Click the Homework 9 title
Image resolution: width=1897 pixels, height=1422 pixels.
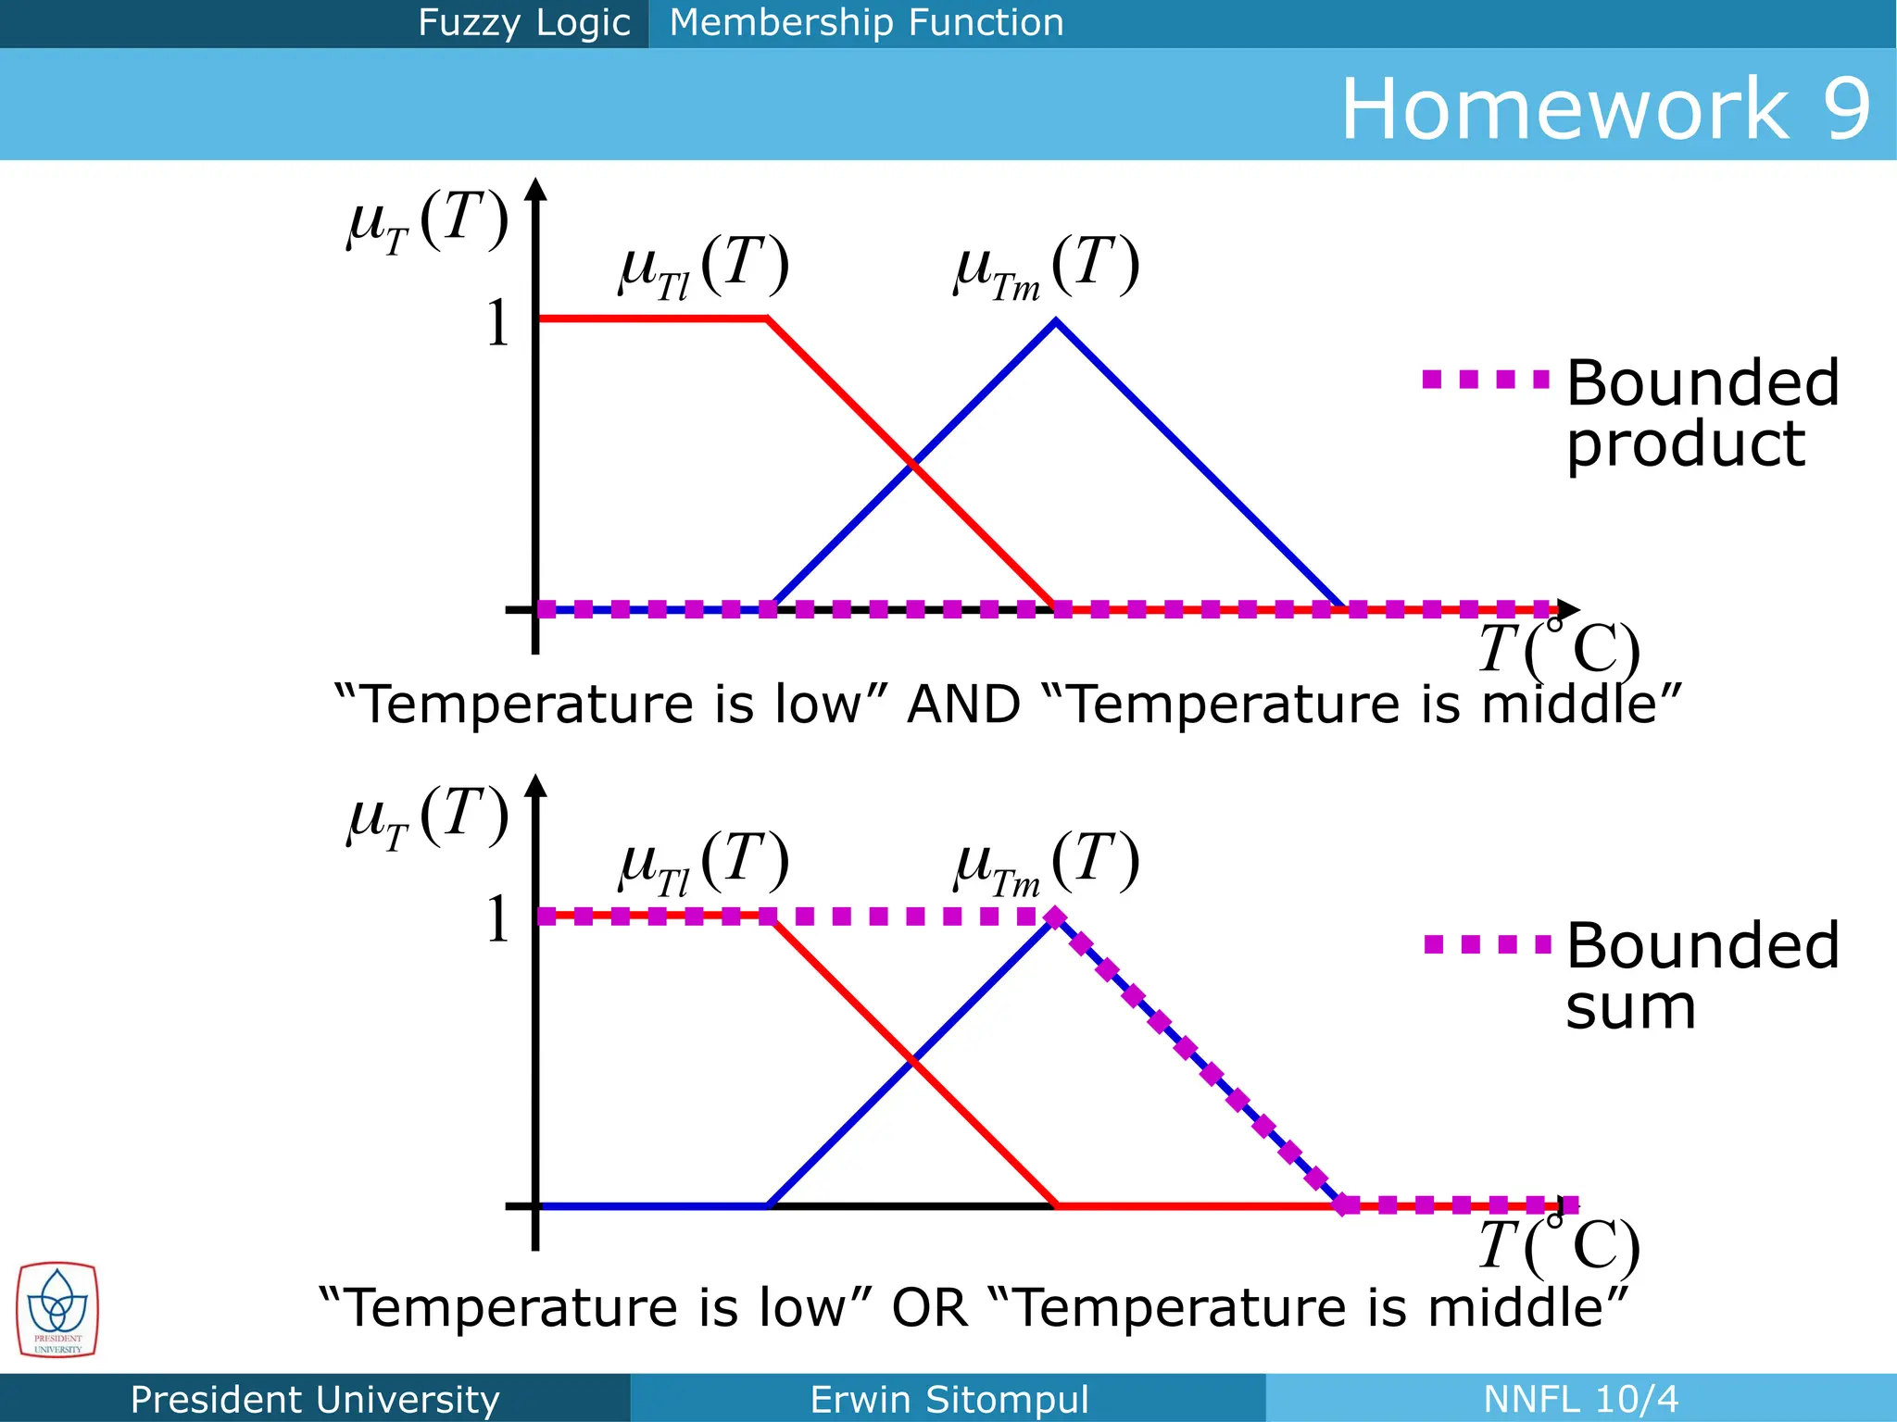(x=1605, y=109)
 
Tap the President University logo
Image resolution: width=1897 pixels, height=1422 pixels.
(x=57, y=1310)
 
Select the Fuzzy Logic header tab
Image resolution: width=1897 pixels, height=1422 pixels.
(x=523, y=22)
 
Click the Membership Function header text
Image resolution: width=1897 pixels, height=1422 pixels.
(x=866, y=22)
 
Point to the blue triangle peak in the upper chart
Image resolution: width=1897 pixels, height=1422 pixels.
(x=1056, y=321)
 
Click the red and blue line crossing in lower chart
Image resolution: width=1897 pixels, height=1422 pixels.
(x=912, y=1060)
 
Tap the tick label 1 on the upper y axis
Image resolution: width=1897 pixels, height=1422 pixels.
(x=498, y=323)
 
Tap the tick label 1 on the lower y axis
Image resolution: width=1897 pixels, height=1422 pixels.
(x=498, y=919)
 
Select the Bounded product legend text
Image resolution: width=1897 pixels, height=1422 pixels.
(x=1702, y=413)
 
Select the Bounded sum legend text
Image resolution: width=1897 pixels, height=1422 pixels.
(x=1702, y=976)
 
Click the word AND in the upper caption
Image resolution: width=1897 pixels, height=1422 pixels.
(x=963, y=705)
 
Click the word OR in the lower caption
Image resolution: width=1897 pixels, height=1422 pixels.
(x=929, y=1308)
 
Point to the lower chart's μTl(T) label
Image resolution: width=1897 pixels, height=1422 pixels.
(x=704, y=863)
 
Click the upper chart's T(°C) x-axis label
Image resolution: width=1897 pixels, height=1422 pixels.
(x=1558, y=648)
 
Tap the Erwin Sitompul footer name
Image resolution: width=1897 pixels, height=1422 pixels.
(x=948, y=1399)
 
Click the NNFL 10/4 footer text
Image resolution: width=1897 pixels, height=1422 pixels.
(x=1580, y=1399)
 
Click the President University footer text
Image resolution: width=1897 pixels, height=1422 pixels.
(x=315, y=1399)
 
